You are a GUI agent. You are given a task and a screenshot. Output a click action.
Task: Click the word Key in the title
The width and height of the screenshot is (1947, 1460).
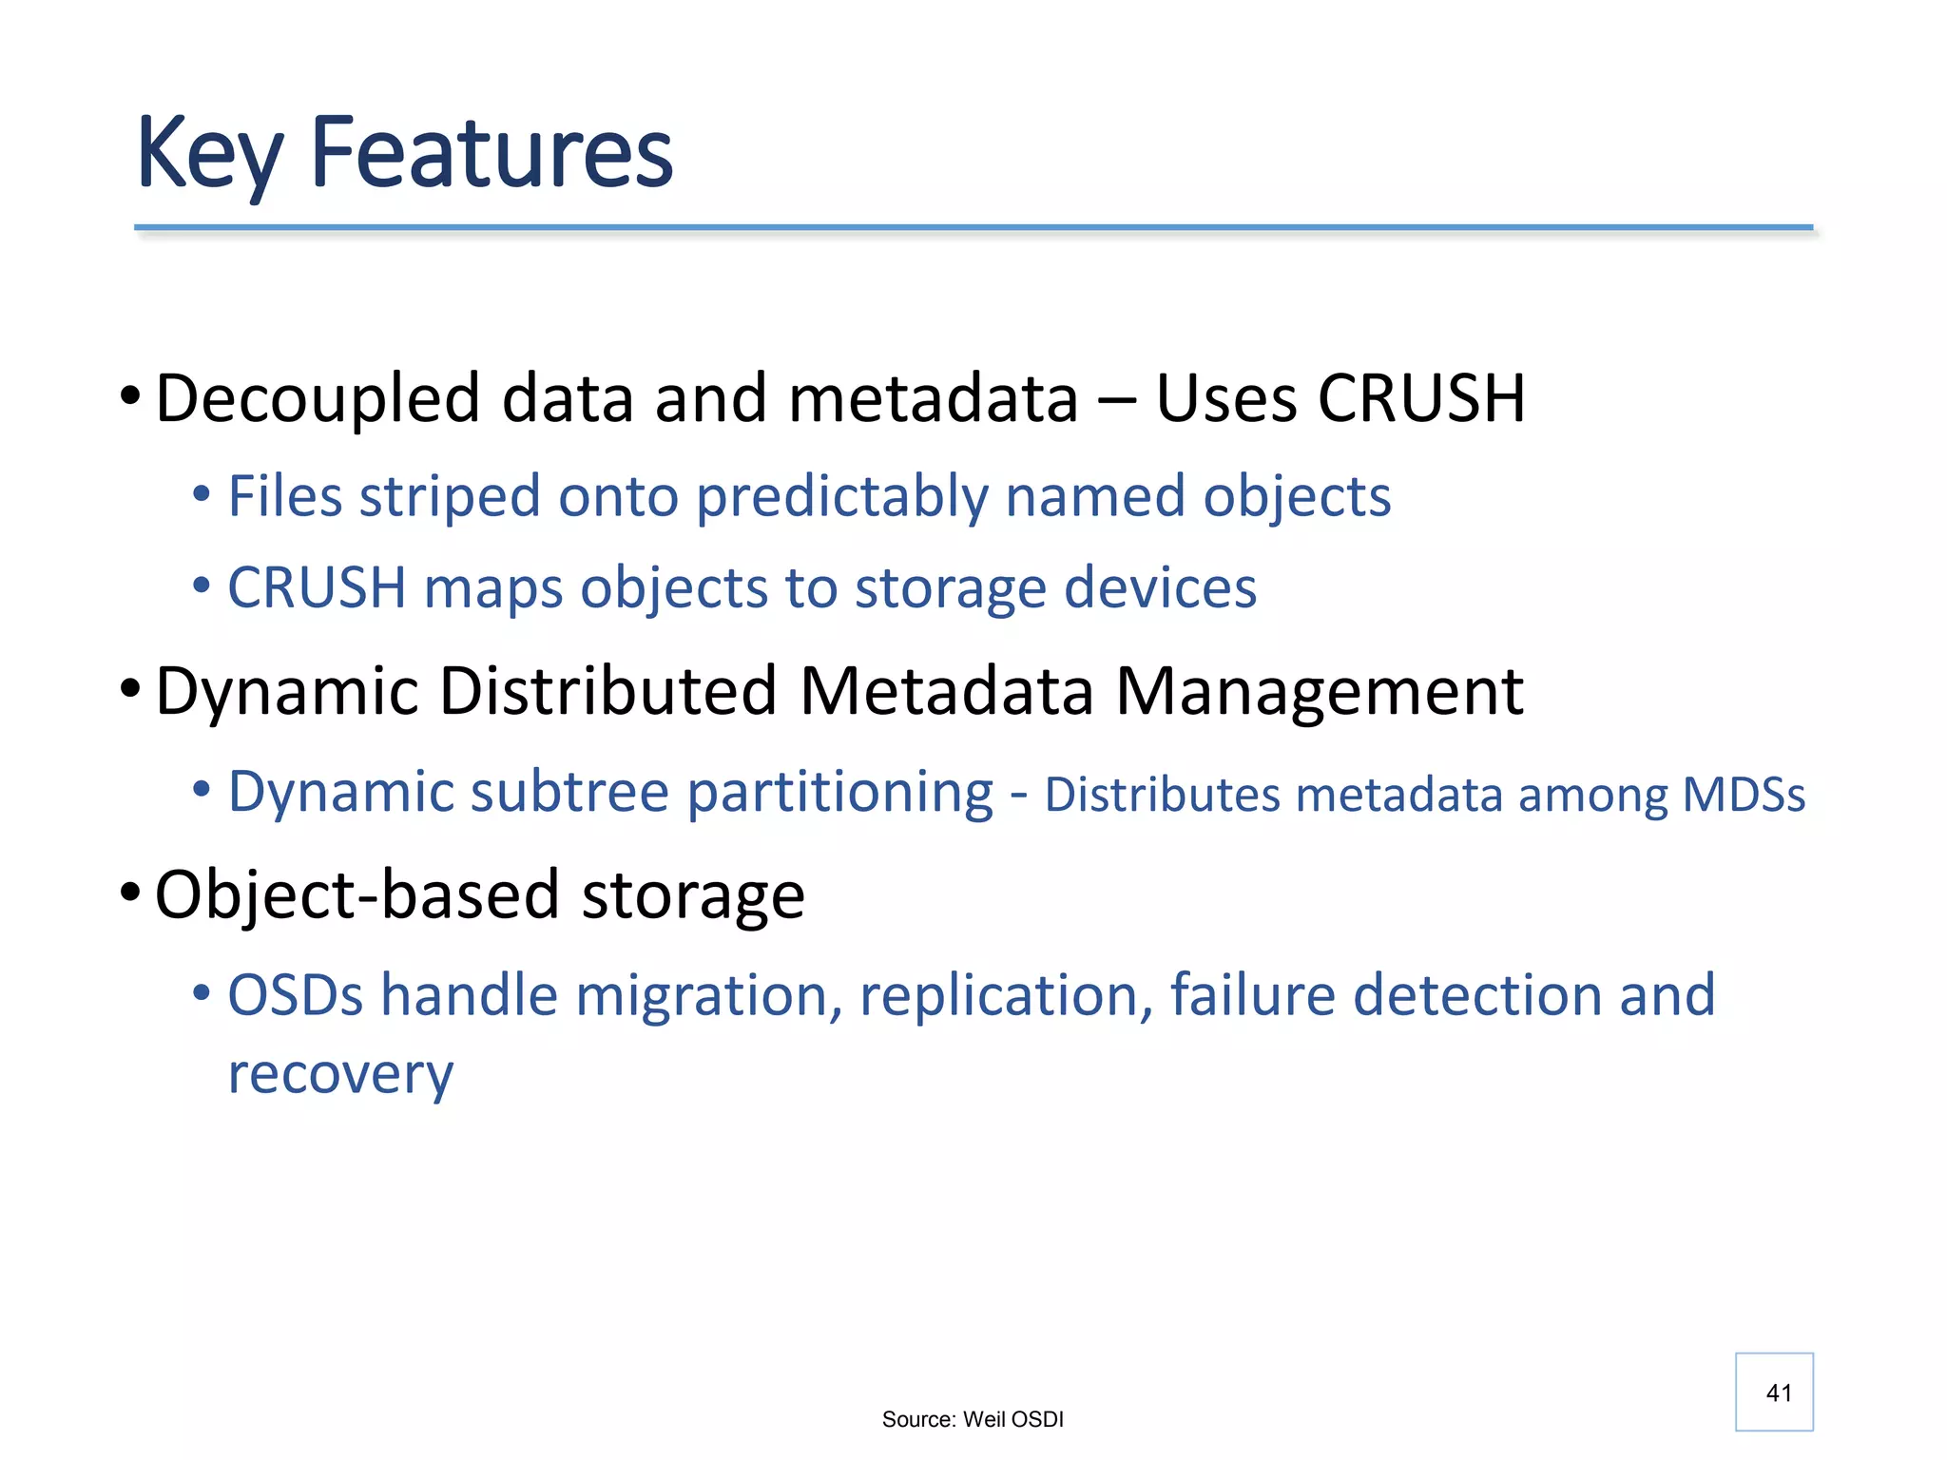click(209, 154)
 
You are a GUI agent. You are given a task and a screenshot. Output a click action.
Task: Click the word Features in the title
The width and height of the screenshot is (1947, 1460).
click(492, 152)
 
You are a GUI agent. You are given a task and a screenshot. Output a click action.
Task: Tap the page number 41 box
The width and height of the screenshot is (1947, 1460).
click(1774, 1392)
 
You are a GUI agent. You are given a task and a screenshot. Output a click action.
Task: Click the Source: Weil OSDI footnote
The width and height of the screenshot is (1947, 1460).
click(973, 1419)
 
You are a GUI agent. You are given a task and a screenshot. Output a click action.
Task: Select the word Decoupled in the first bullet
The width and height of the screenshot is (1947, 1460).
click(318, 399)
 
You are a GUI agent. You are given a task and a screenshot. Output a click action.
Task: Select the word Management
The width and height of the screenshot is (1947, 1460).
click(1319, 691)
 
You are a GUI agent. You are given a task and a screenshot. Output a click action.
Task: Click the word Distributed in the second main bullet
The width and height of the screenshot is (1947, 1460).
click(608, 691)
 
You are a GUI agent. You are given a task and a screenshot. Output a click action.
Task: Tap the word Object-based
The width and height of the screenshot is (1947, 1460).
click(357, 895)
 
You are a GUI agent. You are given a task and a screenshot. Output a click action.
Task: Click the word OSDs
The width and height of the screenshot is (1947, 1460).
click(296, 996)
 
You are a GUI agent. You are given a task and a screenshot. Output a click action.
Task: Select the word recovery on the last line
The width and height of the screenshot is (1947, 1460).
click(340, 1076)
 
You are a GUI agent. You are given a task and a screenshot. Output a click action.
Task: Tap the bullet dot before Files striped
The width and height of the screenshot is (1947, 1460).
click(201, 494)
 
